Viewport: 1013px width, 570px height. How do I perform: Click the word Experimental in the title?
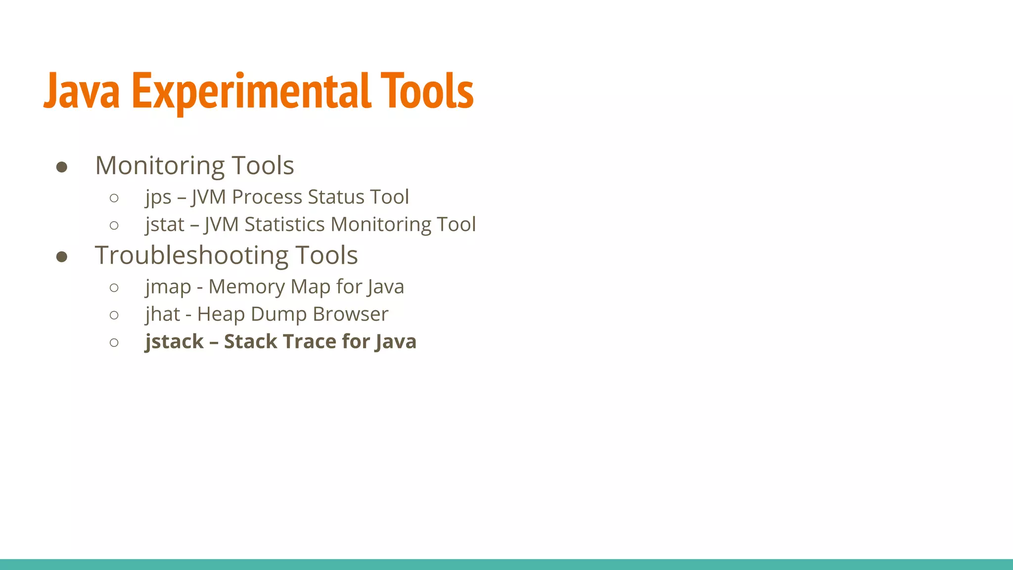tap(252, 92)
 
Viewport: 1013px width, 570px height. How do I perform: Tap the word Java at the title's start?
tap(82, 92)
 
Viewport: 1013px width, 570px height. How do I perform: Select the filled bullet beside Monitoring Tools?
tap(62, 167)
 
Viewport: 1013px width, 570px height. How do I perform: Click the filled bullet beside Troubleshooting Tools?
tap(62, 257)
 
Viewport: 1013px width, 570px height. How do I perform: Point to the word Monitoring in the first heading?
tap(159, 166)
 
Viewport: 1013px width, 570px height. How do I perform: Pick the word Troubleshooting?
tap(191, 256)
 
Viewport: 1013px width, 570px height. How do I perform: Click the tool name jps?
tap(158, 197)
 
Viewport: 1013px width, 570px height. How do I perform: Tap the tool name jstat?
tap(165, 225)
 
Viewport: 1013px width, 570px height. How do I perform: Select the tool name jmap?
tap(168, 287)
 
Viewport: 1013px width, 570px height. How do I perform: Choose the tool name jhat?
tap(163, 314)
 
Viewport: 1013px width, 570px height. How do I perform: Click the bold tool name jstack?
tap(174, 342)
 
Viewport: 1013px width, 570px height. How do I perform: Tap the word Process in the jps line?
tap(267, 197)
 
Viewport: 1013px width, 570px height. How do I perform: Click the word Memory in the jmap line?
tap(247, 287)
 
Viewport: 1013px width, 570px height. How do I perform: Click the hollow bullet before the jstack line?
tap(114, 342)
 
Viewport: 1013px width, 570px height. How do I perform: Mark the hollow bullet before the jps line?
tap(114, 198)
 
